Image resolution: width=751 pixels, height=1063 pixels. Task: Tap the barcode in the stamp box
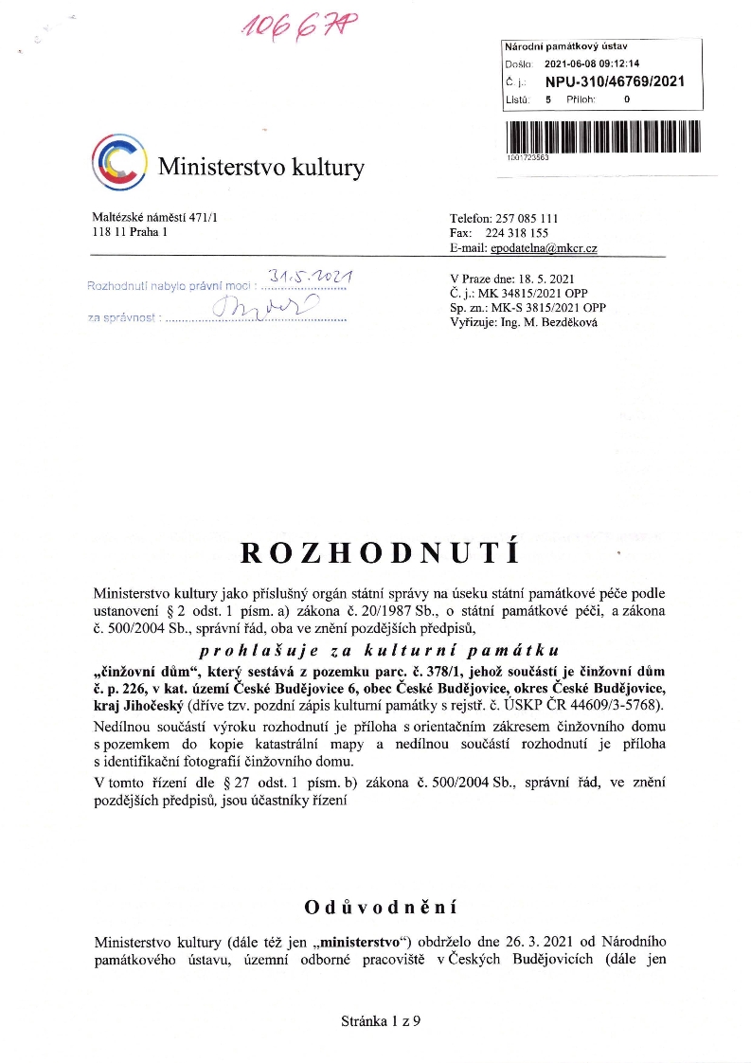click(x=602, y=136)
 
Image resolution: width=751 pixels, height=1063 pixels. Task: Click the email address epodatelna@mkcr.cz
click(x=543, y=247)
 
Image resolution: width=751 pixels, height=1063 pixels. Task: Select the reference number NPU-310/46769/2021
click(x=614, y=81)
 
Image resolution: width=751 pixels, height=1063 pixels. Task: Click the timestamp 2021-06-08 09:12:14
click(x=591, y=63)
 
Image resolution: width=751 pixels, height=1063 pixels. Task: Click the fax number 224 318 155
click(x=521, y=233)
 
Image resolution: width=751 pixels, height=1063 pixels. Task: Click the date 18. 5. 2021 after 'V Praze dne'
click(x=549, y=279)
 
